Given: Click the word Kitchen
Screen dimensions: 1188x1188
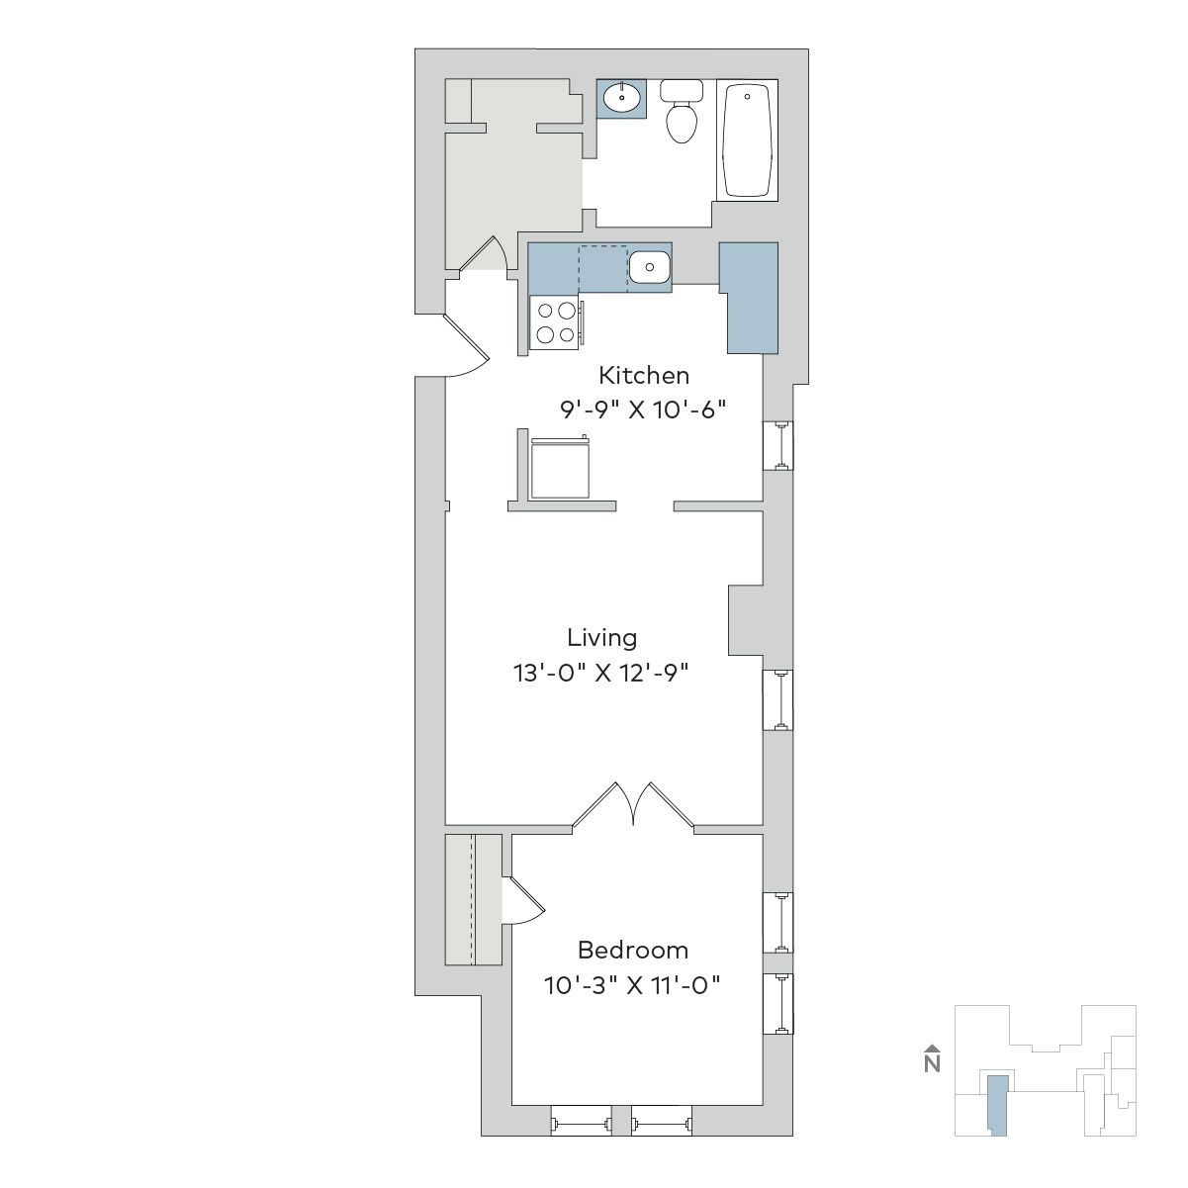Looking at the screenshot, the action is [644, 376].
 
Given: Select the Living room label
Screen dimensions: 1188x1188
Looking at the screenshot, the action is [601, 638].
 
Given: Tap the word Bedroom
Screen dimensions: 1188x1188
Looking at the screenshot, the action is [632, 950].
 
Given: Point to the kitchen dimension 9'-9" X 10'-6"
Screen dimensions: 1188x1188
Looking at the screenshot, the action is [643, 410].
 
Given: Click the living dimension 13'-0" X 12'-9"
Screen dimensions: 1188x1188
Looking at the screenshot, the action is [601, 673].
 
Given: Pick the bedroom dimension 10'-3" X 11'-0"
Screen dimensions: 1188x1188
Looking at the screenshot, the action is [632, 985].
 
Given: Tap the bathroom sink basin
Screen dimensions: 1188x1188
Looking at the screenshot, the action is [621, 98].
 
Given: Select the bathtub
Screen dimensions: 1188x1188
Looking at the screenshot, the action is [747, 139].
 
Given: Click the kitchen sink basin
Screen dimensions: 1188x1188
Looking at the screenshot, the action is [649, 267].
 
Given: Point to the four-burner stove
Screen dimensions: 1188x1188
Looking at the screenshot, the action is [556, 322].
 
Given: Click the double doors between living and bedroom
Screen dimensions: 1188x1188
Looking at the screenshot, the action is [633, 804].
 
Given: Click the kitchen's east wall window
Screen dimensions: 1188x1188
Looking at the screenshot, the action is [778, 446].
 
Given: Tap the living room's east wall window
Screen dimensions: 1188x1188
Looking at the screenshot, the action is [778, 700].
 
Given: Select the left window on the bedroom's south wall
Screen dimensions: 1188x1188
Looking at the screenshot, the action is [582, 1120].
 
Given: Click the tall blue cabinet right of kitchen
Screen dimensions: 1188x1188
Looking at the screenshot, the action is [750, 298].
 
